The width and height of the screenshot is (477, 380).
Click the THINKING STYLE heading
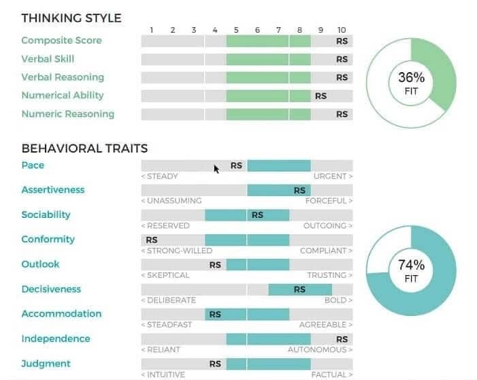71,18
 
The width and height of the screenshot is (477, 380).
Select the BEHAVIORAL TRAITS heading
84,148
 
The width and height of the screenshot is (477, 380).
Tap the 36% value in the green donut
411,78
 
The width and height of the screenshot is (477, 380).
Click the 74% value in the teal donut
411,265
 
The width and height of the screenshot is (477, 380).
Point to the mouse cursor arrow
216,169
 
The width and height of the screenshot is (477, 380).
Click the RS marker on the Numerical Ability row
320,96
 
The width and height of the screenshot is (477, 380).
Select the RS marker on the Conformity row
152,240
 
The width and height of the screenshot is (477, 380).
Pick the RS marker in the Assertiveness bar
299,191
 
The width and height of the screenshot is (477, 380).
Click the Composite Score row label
61,40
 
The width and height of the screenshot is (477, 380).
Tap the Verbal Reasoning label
63,77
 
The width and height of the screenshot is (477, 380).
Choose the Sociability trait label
46,215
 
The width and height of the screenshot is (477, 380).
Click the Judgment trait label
46,364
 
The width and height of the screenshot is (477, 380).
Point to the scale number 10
342,30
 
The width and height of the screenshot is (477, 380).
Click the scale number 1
152,30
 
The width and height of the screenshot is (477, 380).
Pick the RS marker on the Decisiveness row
299,289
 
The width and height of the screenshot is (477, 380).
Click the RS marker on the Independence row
342,339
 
